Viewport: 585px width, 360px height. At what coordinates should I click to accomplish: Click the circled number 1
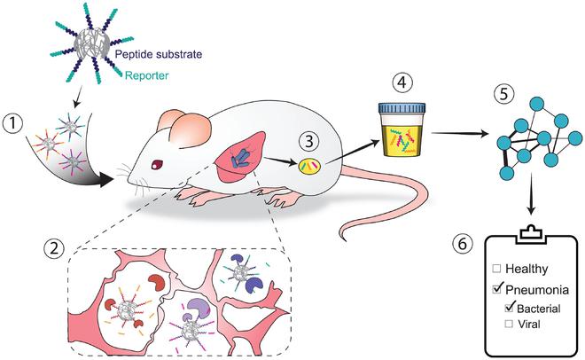click(13, 123)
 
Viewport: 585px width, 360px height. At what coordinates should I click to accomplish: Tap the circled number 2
click(54, 248)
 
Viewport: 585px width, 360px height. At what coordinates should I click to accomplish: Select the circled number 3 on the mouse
click(309, 142)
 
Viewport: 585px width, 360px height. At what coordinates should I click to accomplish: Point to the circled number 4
click(402, 82)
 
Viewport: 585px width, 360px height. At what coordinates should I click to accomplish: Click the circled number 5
click(503, 94)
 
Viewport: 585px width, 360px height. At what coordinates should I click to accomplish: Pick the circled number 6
click(463, 244)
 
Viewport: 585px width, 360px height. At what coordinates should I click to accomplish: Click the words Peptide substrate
click(159, 54)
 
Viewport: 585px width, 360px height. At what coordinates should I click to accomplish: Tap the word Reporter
click(146, 75)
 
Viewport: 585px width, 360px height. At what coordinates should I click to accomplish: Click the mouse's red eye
click(158, 163)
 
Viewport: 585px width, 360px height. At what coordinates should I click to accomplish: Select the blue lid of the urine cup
click(402, 108)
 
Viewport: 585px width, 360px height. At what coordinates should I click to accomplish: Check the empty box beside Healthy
click(496, 269)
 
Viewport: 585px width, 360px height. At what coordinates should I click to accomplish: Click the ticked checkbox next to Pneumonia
click(497, 288)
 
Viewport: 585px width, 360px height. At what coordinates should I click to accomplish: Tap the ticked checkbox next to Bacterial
click(510, 307)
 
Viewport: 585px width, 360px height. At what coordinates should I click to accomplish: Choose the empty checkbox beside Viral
click(509, 324)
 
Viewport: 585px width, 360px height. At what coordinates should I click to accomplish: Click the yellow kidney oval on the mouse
click(309, 166)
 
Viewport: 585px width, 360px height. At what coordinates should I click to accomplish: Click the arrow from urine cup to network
click(460, 133)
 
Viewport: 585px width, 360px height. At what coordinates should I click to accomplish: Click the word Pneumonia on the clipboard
click(537, 289)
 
